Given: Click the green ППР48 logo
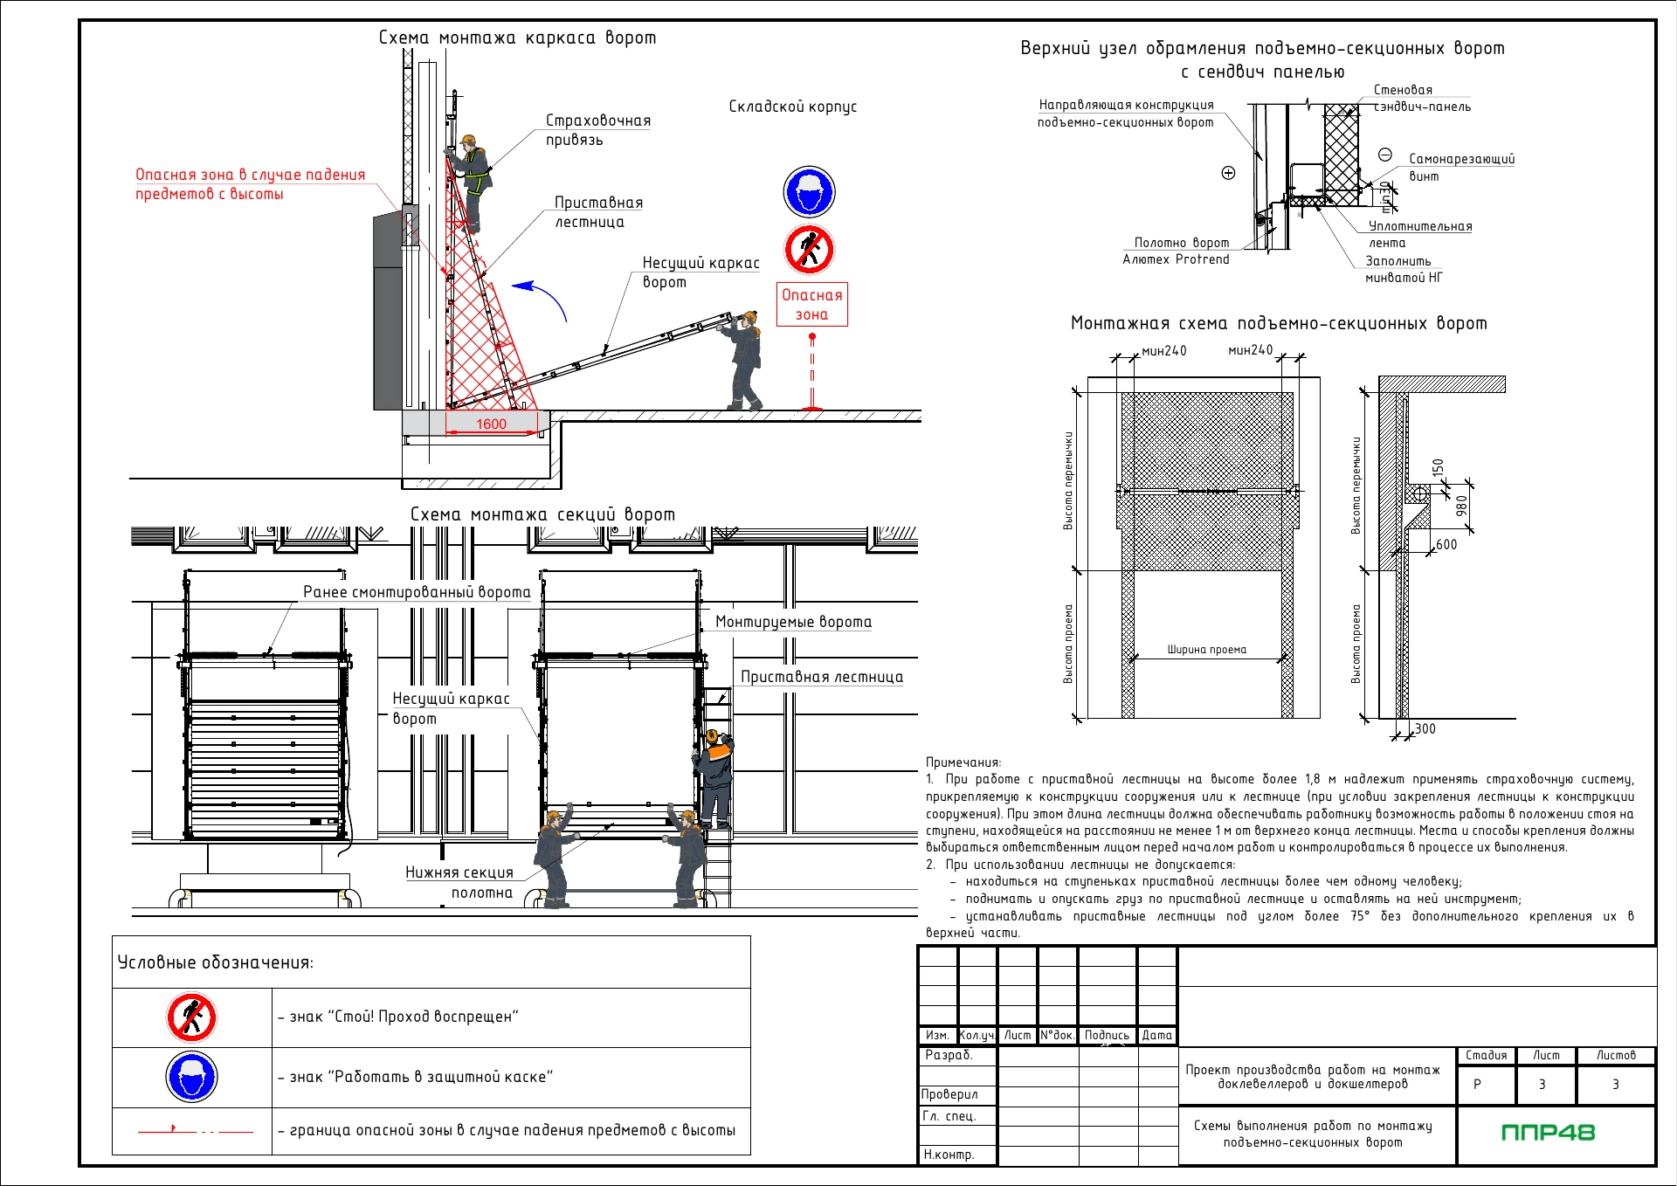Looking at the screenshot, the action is pyautogui.click(x=1548, y=1133).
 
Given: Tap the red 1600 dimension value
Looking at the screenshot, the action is pyautogui.click(x=491, y=424).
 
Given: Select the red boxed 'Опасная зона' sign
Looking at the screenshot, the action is pyautogui.click(x=811, y=304).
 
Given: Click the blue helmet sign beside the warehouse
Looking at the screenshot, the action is pyautogui.click(x=809, y=191).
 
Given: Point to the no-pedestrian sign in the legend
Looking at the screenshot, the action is pyautogui.click(x=191, y=1017).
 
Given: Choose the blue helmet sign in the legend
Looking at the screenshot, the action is pyautogui.click(x=191, y=1077).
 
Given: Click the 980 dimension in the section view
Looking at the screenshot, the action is pyautogui.click(x=1461, y=506).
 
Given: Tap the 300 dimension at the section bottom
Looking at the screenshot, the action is pyautogui.click(x=1425, y=728).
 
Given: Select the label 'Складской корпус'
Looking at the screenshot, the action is pyautogui.click(x=793, y=107).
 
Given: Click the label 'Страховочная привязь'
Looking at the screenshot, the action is pyautogui.click(x=598, y=129).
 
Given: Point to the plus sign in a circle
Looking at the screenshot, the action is pyautogui.click(x=1228, y=173).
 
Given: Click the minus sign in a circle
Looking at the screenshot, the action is pyautogui.click(x=1385, y=155).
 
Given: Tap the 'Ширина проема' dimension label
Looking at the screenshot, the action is pyautogui.click(x=1207, y=650).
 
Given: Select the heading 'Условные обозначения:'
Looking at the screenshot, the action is pyautogui.click(x=215, y=962).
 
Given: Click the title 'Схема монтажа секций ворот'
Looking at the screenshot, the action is pyautogui.click(x=542, y=514).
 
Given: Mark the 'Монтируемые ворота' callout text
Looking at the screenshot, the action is pyautogui.click(x=793, y=622).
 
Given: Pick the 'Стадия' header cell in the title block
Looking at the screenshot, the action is pyautogui.click(x=1486, y=1055).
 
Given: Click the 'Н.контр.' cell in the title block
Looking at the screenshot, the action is pyautogui.click(x=949, y=1155).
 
